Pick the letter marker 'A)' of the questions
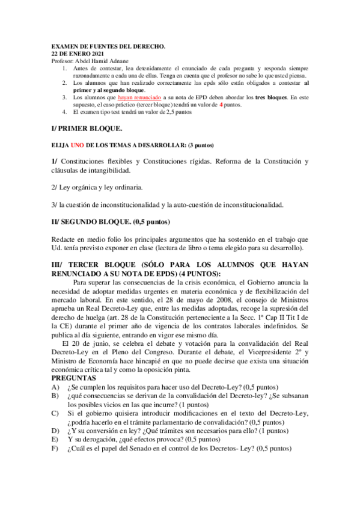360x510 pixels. pyautogui.click(x=56, y=387)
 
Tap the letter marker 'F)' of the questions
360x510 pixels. pyautogui.click(x=56, y=449)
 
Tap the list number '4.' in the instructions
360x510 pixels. pyautogui.click(x=64, y=112)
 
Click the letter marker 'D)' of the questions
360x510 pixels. pyautogui.click(x=56, y=431)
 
